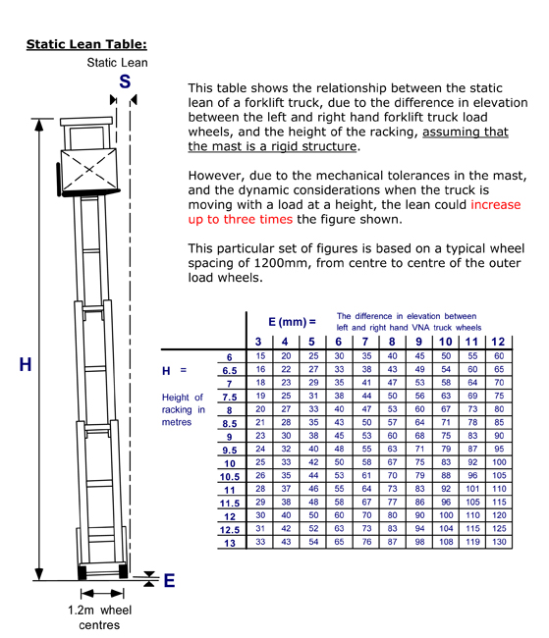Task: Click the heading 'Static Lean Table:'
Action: click(86, 44)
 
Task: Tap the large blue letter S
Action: click(125, 81)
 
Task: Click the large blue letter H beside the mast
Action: click(26, 364)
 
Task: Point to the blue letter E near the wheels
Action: click(170, 580)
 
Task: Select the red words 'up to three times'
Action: click(241, 219)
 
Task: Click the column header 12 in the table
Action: click(498, 342)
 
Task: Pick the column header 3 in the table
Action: click(258, 342)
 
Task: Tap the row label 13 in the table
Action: click(230, 543)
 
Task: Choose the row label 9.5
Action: click(230, 450)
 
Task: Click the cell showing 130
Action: click(499, 542)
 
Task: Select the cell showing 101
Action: click(472, 488)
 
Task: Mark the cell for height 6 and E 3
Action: click(260, 356)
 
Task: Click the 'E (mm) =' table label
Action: click(292, 322)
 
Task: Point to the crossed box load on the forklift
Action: click(88, 171)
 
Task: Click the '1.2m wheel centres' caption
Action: click(100, 617)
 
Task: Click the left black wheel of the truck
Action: click(82, 571)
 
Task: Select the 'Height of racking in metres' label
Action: click(184, 409)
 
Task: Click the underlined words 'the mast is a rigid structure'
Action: click(272, 146)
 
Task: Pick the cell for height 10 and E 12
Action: click(499, 462)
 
